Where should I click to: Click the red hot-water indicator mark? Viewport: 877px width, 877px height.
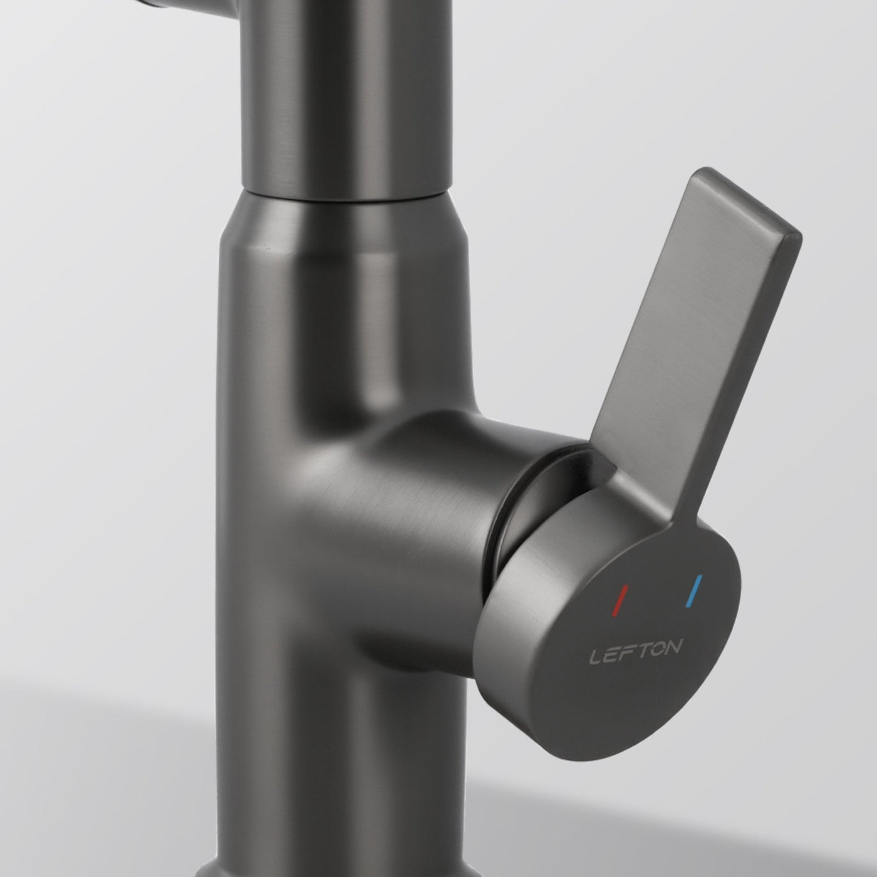tap(621, 599)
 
